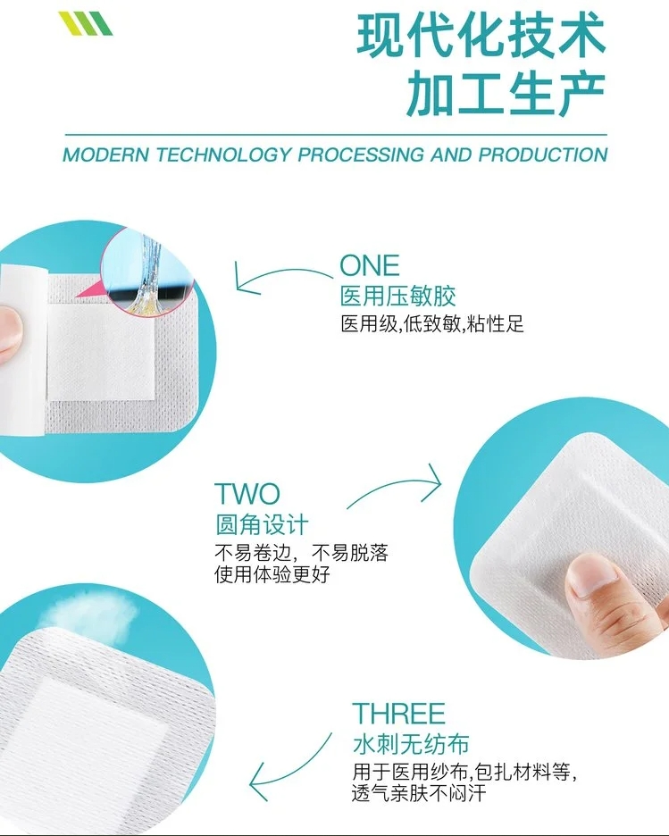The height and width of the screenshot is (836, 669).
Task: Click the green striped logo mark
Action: tap(85, 23)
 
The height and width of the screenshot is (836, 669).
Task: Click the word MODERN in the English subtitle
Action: tap(106, 155)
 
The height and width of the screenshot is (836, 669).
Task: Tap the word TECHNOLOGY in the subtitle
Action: tap(224, 155)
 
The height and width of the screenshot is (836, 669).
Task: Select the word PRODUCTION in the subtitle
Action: tap(543, 155)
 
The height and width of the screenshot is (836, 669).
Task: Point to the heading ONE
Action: tap(370, 265)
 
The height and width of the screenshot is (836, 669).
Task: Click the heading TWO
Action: tap(247, 494)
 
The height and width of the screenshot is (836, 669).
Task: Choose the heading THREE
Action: tap(398, 714)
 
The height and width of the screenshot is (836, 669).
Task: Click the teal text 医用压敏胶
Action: tap(398, 297)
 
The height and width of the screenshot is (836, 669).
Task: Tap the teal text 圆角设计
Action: tap(262, 524)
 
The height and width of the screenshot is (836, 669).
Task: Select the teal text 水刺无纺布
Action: tap(411, 744)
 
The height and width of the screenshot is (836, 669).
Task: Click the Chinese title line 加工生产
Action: tap(506, 94)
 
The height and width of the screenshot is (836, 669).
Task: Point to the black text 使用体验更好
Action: tap(272, 575)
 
